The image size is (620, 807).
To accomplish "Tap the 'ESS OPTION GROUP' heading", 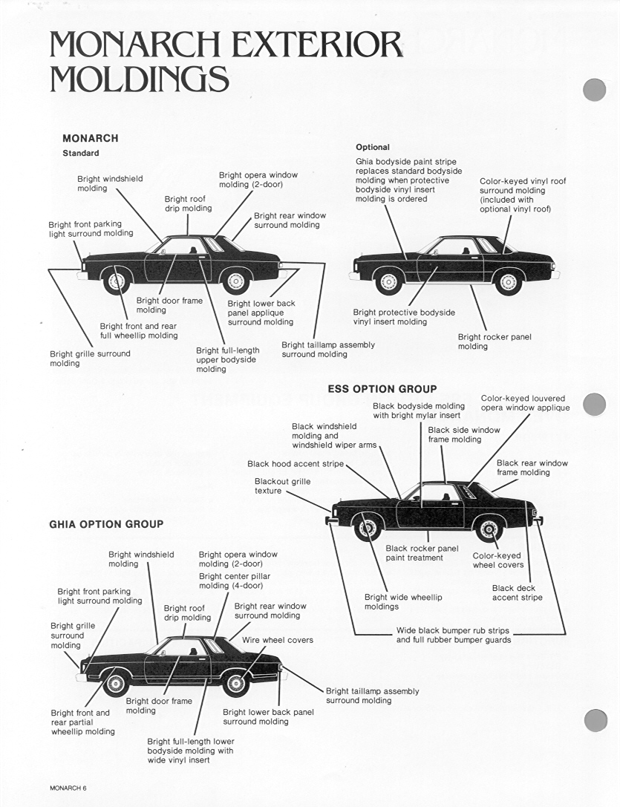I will point(382,388).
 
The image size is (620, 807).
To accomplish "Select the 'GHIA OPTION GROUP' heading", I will point(106,524).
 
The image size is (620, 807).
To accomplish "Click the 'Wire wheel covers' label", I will point(277,640).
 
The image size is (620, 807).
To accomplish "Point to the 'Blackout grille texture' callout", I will point(282,486).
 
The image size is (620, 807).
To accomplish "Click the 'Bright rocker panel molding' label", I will point(495,342).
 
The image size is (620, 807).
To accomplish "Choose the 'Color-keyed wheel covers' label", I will point(497,561).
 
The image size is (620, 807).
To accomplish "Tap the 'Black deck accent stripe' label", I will point(517,592).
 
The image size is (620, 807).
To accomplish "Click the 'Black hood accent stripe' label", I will point(296,464).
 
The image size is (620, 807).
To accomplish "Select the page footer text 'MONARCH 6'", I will point(68,788).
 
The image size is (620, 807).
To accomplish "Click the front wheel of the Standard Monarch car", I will point(116,281).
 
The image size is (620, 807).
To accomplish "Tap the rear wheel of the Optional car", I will point(508,281).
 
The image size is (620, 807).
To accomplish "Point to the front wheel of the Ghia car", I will point(115,682).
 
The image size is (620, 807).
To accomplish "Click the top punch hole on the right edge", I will point(595,90).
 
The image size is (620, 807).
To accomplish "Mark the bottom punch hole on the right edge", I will point(595,720).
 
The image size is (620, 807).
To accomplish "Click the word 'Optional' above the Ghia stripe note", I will point(372,147).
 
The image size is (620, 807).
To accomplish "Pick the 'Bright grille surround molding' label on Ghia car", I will point(72,636).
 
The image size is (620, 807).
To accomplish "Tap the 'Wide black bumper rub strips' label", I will point(453,636).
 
